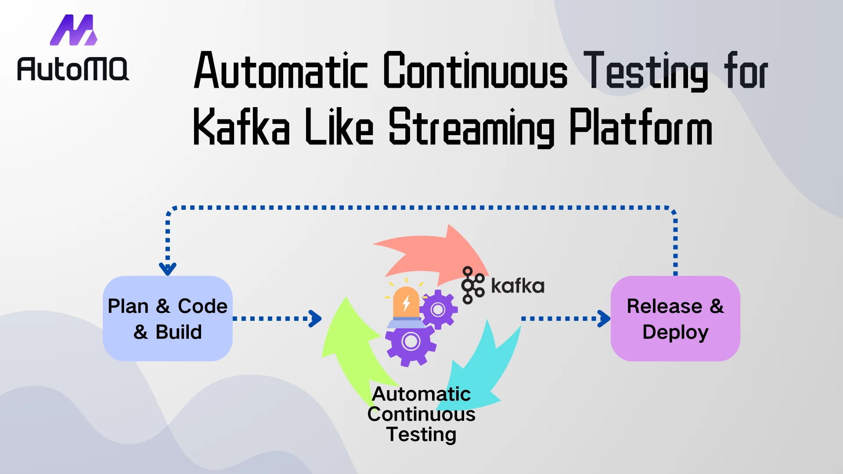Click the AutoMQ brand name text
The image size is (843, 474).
[73, 69]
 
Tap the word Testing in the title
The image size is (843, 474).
[645, 71]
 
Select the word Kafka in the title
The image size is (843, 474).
[241, 127]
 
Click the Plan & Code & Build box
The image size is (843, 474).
[167, 319]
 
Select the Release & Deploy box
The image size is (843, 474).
[675, 319]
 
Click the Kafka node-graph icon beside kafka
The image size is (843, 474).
[472, 285]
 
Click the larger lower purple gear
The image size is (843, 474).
[411, 341]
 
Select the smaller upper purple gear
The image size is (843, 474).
[438, 309]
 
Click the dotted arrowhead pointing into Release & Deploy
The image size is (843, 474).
[604, 319]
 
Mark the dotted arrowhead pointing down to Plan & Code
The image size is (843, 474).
[168, 268]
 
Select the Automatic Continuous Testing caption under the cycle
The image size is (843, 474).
[421, 414]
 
